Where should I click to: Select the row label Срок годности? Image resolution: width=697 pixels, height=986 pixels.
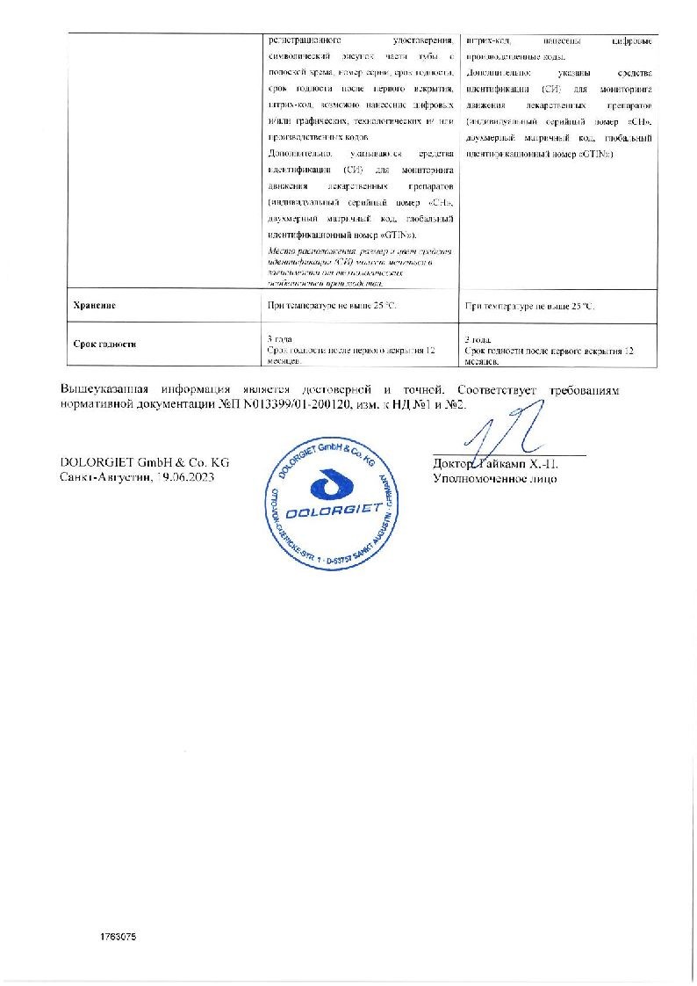(x=105, y=345)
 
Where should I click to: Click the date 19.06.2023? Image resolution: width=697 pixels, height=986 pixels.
(x=183, y=475)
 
